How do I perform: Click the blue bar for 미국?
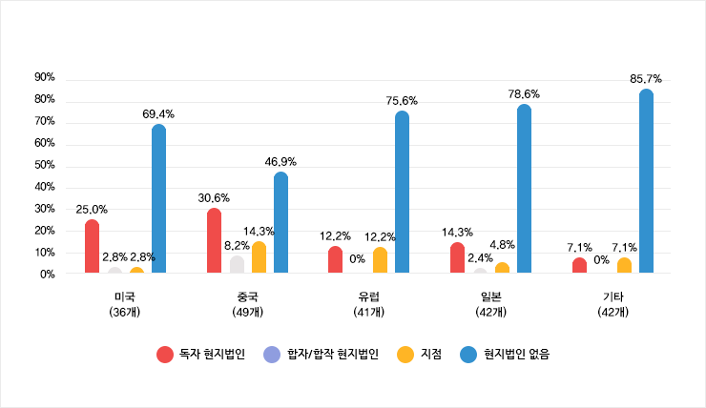coord(158,200)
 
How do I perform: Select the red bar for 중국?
coord(214,241)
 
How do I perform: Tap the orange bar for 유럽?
coord(381,261)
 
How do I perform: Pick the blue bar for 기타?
coord(646,182)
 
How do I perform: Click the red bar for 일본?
coord(458,258)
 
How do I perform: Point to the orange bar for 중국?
coord(259,257)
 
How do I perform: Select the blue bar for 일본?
coord(524,190)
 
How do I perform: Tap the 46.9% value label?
coord(280,162)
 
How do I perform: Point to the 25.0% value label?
coord(92,209)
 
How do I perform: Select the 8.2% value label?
coord(238,245)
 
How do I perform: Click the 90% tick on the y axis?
coord(45,77)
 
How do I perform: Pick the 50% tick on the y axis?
coord(45,165)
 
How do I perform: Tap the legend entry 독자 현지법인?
coord(201,354)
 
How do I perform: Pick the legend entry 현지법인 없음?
coord(505,354)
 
